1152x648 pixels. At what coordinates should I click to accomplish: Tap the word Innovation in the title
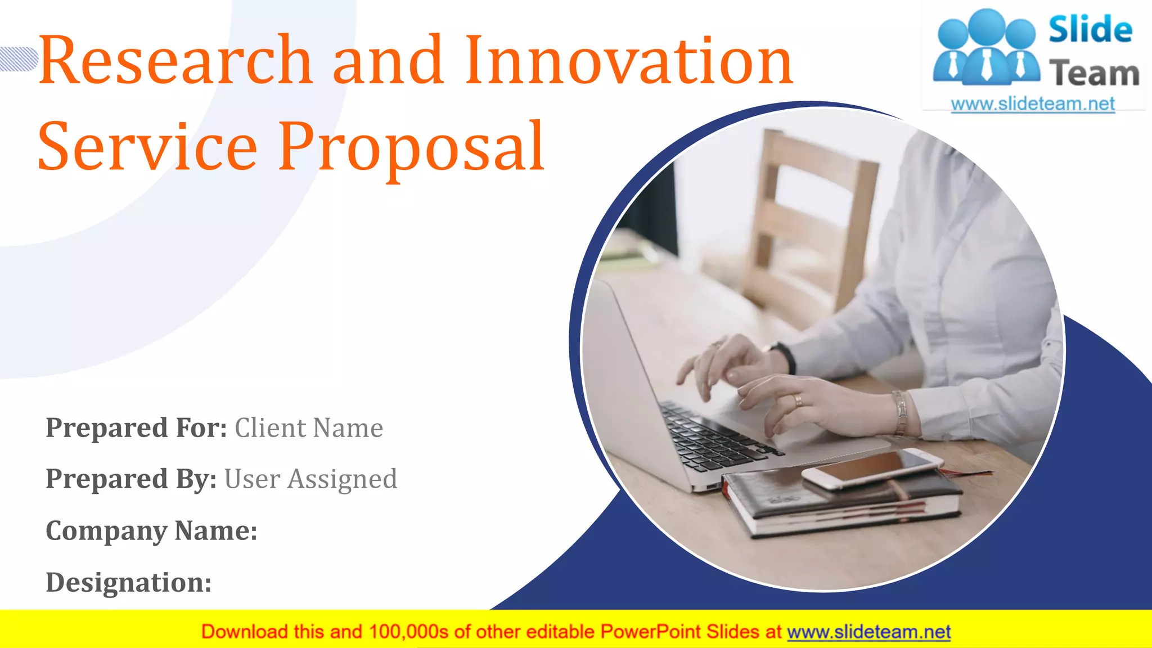(629, 60)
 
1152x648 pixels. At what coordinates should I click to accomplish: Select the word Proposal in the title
(411, 147)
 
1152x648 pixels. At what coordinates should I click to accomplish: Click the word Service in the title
(147, 147)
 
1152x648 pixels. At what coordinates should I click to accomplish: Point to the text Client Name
(309, 428)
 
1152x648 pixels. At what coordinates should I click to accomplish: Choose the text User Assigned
(310, 479)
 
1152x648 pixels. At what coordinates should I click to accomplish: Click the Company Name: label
(151, 531)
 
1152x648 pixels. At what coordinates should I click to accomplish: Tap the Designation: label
(128, 582)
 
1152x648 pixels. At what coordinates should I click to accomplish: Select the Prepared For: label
(136, 428)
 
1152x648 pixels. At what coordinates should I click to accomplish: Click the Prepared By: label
(131, 479)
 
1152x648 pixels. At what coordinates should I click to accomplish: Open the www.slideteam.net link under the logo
(1033, 104)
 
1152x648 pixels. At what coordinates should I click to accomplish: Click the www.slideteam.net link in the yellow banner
(868, 632)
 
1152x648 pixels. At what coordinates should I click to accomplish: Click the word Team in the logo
(1094, 74)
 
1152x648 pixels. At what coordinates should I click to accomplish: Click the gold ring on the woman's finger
(798, 400)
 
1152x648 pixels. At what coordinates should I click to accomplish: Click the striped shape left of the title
(18, 59)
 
